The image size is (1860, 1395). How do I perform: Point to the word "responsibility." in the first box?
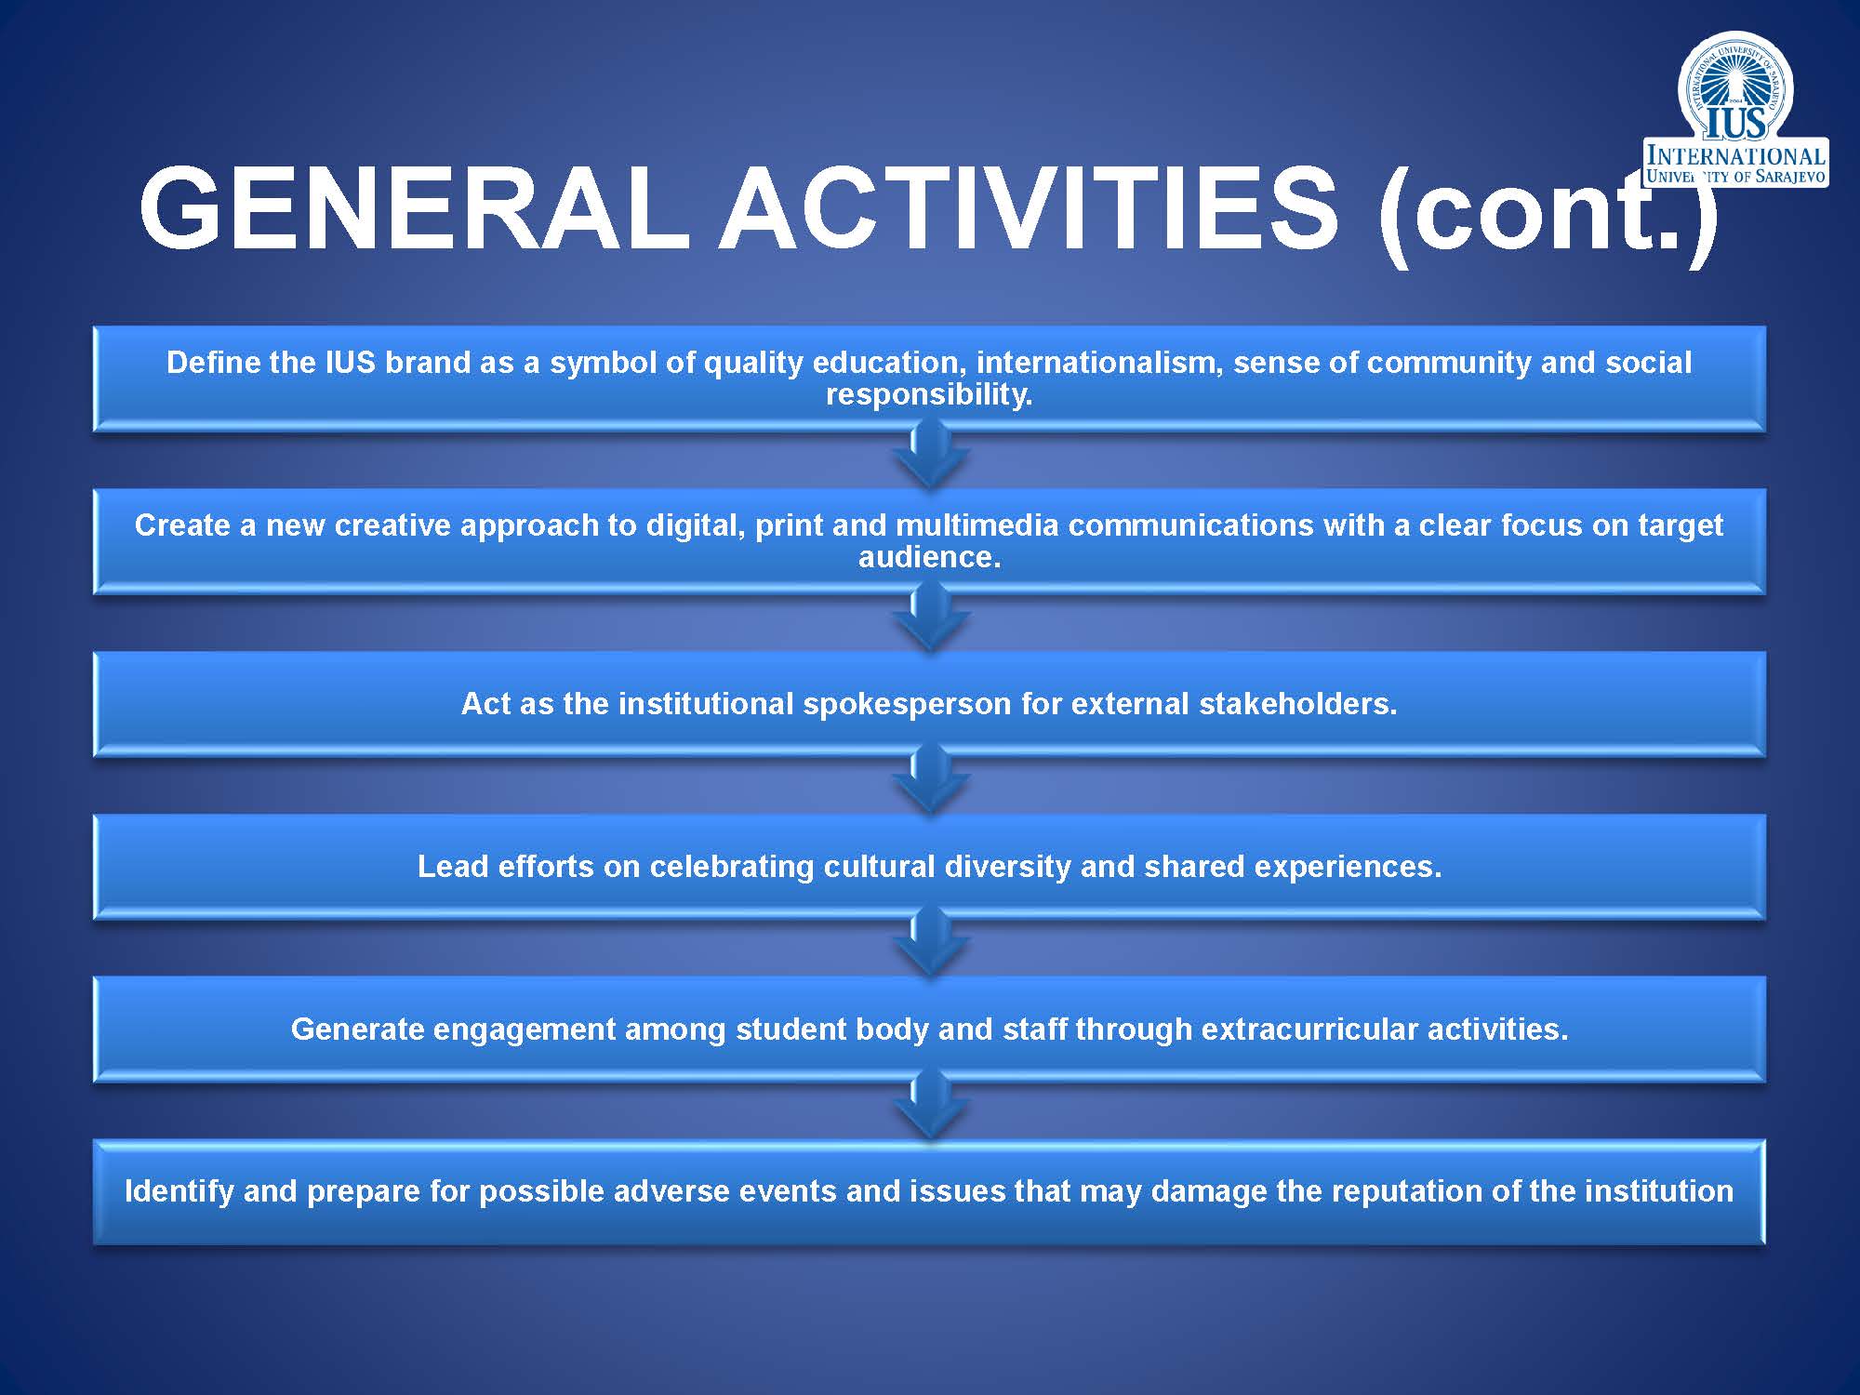point(929,394)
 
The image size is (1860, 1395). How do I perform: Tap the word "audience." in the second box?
point(929,557)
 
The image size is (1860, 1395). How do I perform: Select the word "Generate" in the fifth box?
point(357,1030)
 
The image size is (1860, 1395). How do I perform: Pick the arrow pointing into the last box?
point(930,1104)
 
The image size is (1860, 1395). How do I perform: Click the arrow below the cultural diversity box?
point(930,942)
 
